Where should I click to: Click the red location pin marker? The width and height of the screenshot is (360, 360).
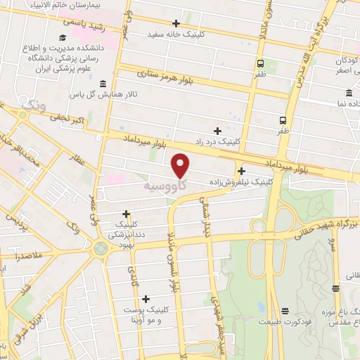[181, 165]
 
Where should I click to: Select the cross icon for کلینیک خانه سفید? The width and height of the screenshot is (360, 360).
[176, 22]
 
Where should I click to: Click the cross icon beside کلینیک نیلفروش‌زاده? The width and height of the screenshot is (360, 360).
[242, 171]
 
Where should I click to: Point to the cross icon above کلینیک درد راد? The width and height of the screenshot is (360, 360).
[218, 131]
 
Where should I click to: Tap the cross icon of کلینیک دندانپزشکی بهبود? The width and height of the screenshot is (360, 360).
[126, 214]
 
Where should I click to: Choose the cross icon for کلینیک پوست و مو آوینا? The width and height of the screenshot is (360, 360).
[146, 299]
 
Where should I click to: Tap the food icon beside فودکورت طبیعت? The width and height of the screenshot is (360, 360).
[285, 311]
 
